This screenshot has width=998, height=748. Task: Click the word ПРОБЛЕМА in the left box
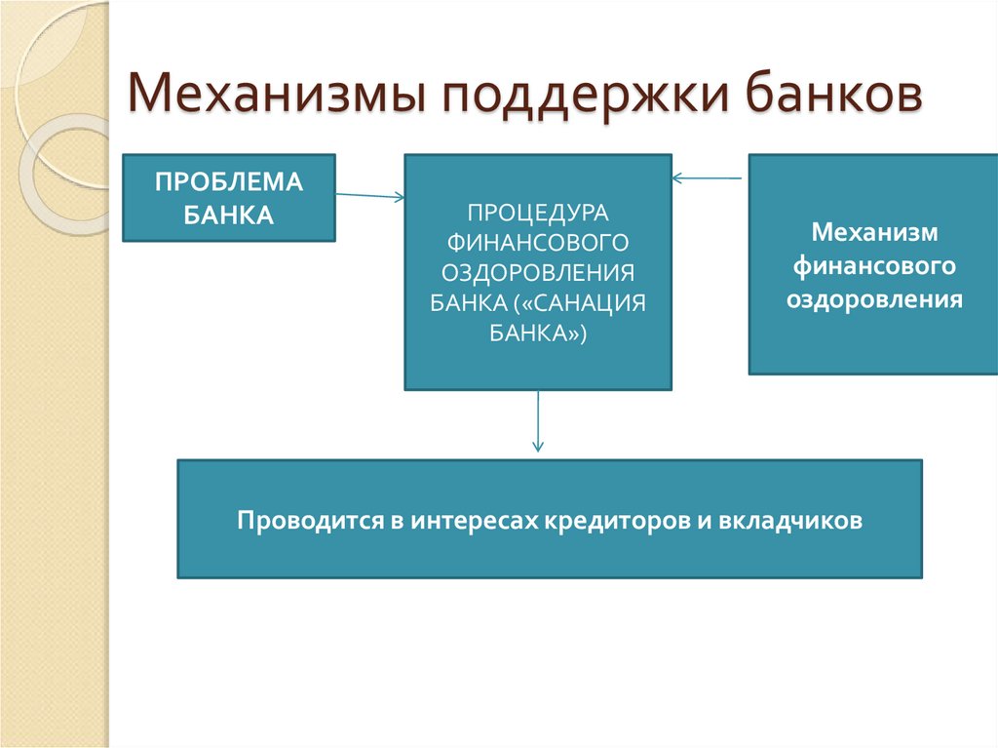[x=229, y=182]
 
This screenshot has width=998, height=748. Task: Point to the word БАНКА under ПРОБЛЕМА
[x=229, y=215]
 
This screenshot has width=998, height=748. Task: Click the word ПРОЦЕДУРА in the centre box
[x=538, y=211]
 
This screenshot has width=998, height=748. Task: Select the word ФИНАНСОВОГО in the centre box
[x=538, y=241]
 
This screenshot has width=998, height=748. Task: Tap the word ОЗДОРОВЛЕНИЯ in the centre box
[x=538, y=271]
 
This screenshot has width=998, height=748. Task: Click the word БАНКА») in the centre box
[x=538, y=332]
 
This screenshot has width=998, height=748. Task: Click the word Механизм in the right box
[x=874, y=233]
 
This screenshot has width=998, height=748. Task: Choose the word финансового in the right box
[x=874, y=265]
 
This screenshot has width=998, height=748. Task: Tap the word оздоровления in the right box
[x=874, y=298]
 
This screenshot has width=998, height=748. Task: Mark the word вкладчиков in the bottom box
[x=791, y=520]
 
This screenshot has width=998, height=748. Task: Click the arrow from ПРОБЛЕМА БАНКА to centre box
[x=370, y=195]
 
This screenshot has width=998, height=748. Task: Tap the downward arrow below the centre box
[x=538, y=420]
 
